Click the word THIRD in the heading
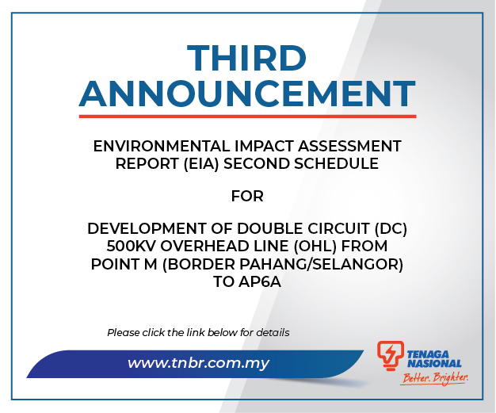pyautogui.click(x=246, y=58)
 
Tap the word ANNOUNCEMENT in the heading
pyautogui.click(x=247, y=94)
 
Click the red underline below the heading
pyautogui.click(x=247, y=117)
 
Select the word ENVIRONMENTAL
pyautogui.click(x=162, y=146)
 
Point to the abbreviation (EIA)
pyautogui.click(x=201, y=164)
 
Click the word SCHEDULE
pyautogui.click(x=336, y=164)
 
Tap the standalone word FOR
pyautogui.click(x=247, y=197)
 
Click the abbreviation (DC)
pyautogui.click(x=391, y=228)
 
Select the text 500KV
pyautogui.click(x=131, y=247)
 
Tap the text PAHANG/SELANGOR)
pyautogui.click(x=321, y=264)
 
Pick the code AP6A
pyautogui.click(x=260, y=281)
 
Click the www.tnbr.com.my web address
pyautogui.click(x=198, y=363)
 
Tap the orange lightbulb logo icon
pyautogui.click(x=391, y=355)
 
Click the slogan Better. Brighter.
pyautogui.click(x=434, y=378)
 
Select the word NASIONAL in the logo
pyautogui.click(x=434, y=364)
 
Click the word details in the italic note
pyautogui.click(x=273, y=333)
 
